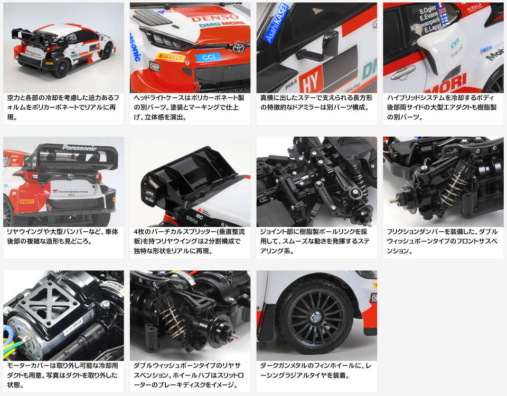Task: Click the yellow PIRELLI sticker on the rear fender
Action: click(26, 202)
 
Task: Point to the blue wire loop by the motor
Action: click(7, 333)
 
